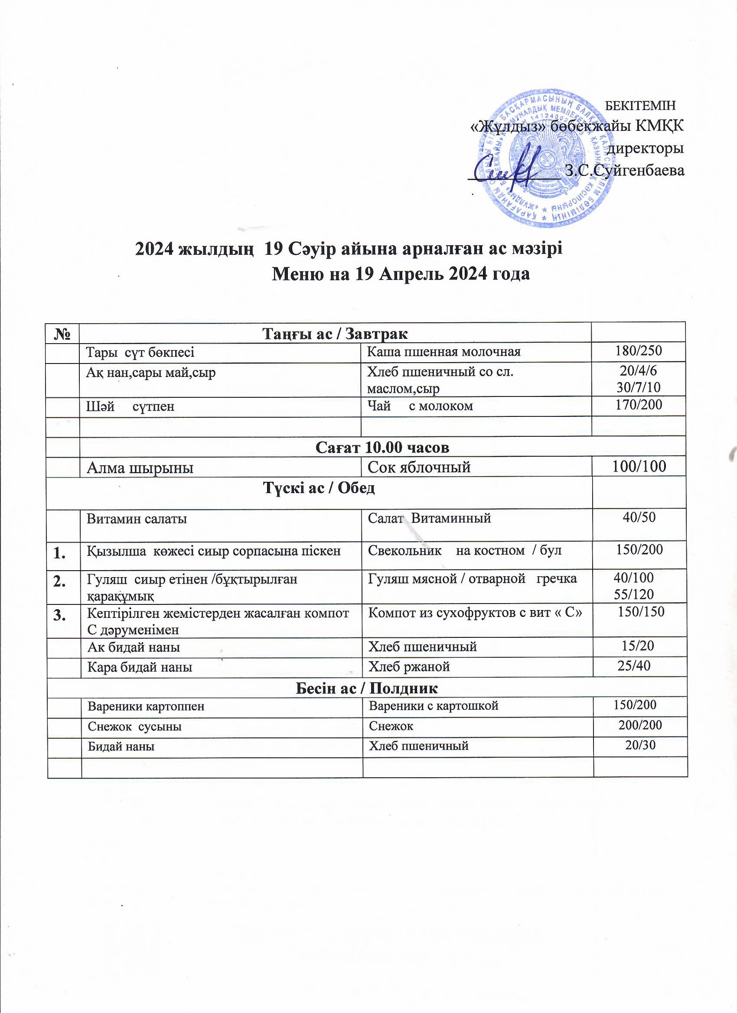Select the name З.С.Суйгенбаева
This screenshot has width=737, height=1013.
coord(624,170)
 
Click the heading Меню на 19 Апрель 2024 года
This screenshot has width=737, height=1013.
coord(401,273)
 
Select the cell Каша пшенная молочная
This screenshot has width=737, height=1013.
coord(444,352)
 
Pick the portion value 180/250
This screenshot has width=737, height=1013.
coord(638,351)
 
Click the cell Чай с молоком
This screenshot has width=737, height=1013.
coord(420,406)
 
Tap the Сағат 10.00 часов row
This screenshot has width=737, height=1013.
coord(382,447)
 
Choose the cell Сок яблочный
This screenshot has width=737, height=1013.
coord(419,467)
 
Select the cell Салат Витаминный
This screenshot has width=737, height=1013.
coord(429,518)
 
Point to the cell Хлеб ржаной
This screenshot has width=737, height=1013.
coord(408,667)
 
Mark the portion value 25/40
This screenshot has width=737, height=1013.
coord(633,666)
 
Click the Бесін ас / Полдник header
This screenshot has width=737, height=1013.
coord(366,688)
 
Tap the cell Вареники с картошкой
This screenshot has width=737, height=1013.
coord(433,706)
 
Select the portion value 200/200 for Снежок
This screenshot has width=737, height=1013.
coord(639,725)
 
